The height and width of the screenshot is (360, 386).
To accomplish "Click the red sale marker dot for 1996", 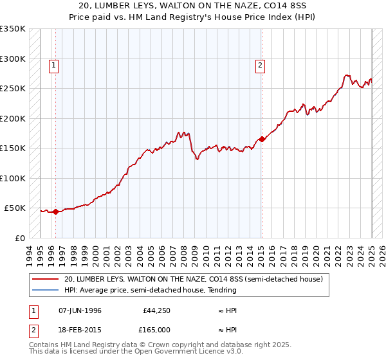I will tap(55, 211).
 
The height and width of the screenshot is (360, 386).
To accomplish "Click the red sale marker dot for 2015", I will tap(262, 139).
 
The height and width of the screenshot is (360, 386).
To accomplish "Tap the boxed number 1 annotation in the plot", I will tap(53, 64).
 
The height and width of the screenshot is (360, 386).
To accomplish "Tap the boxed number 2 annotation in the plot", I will tap(260, 64).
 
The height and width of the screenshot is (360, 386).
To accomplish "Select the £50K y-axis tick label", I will tap(14, 208).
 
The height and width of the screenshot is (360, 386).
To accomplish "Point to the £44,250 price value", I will tap(156, 310).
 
